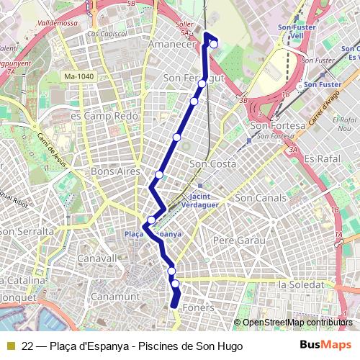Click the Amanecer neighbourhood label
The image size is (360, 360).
[x=171, y=45]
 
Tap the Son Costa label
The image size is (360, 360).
[x=212, y=164]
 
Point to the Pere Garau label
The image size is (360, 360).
[x=235, y=239]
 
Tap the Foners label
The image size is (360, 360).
[x=199, y=307]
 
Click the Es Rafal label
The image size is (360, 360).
[x=321, y=158]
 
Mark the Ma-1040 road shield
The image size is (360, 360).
[x=79, y=76]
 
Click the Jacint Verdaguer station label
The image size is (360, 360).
[x=204, y=200]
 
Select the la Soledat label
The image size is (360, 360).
[x=302, y=285]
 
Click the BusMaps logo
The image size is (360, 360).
[x=326, y=345]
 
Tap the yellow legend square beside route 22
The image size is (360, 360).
[x=10, y=346]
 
